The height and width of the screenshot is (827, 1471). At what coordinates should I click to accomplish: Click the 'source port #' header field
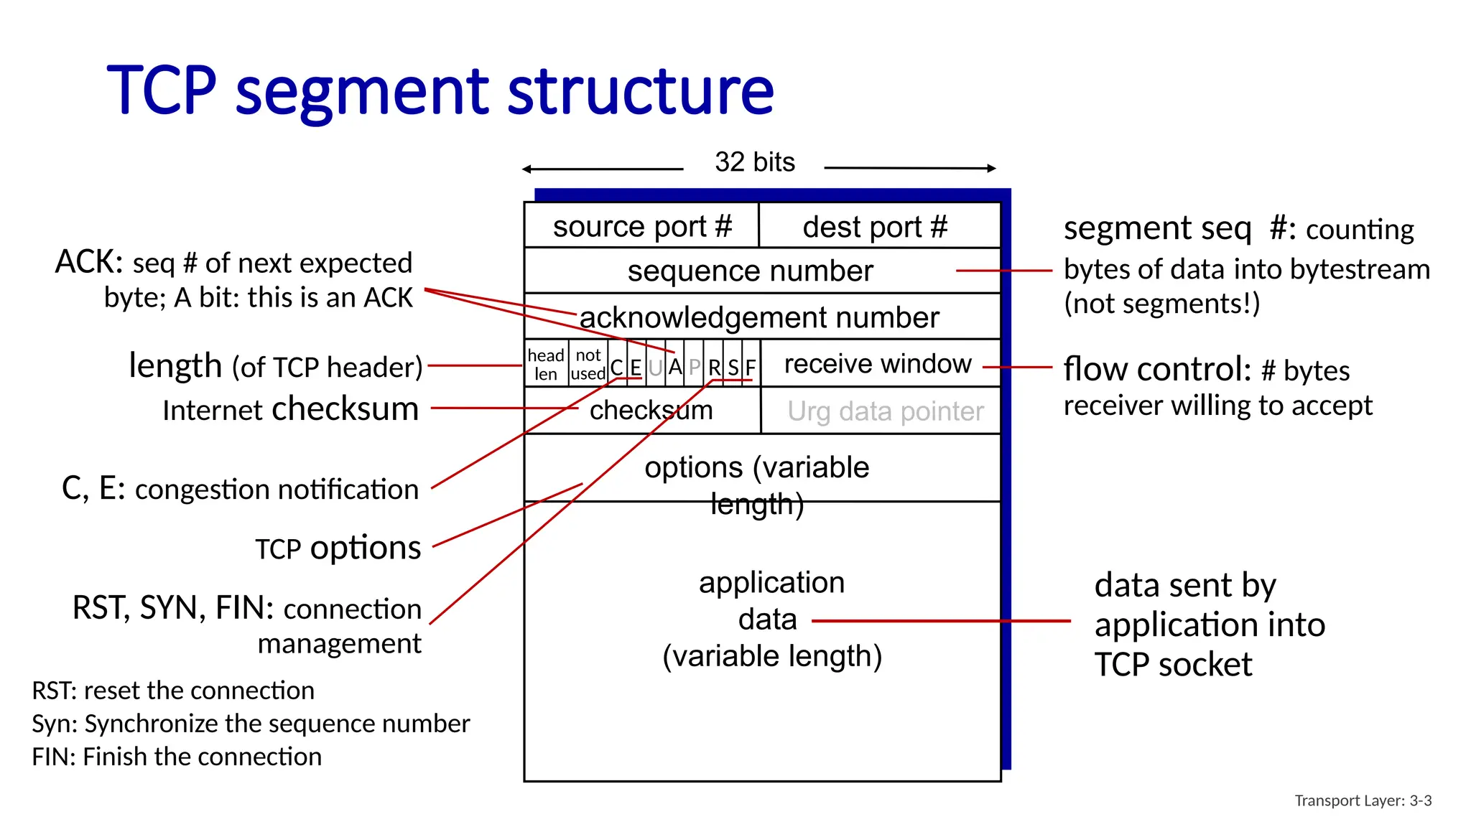(x=641, y=227)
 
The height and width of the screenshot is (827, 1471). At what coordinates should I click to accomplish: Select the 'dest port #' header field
(x=875, y=227)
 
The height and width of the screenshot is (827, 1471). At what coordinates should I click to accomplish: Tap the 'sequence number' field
(x=750, y=271)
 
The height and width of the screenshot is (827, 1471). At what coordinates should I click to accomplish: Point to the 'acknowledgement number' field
(x=759, y=317)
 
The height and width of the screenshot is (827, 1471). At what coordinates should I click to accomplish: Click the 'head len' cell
(x=546, y=365)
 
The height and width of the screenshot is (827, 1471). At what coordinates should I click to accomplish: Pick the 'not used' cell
(x=588, y=365)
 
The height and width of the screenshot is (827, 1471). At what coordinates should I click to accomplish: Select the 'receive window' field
(x=878, y=364)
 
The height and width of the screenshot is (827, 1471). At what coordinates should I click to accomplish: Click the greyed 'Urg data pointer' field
(x=885, y=411)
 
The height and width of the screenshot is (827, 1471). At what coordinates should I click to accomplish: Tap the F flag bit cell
(x=751, y=368)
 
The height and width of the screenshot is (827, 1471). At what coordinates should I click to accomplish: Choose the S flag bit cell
(x=733, y=368)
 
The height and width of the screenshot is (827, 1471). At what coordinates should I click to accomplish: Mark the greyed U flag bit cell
(x=655, y=368)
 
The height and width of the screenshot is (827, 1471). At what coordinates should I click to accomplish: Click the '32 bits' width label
(x=754, y=162)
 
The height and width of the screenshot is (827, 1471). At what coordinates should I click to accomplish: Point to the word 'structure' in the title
(x=641, y=91)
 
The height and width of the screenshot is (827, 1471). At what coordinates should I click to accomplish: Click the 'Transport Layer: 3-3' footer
(x=1363, y=800)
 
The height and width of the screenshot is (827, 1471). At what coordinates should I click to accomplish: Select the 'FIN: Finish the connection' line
(x=177, y=757)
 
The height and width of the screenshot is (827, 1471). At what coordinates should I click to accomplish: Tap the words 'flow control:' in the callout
(x=1157, y=370)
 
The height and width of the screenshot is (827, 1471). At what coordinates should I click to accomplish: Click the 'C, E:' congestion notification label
(x=94, y=489)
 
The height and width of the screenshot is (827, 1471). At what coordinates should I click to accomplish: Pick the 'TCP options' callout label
(x=338, y=548)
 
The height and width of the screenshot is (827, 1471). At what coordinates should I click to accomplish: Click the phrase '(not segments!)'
(x=1161, y=304)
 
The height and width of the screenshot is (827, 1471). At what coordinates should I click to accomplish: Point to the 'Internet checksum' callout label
(x=290, y=409)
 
